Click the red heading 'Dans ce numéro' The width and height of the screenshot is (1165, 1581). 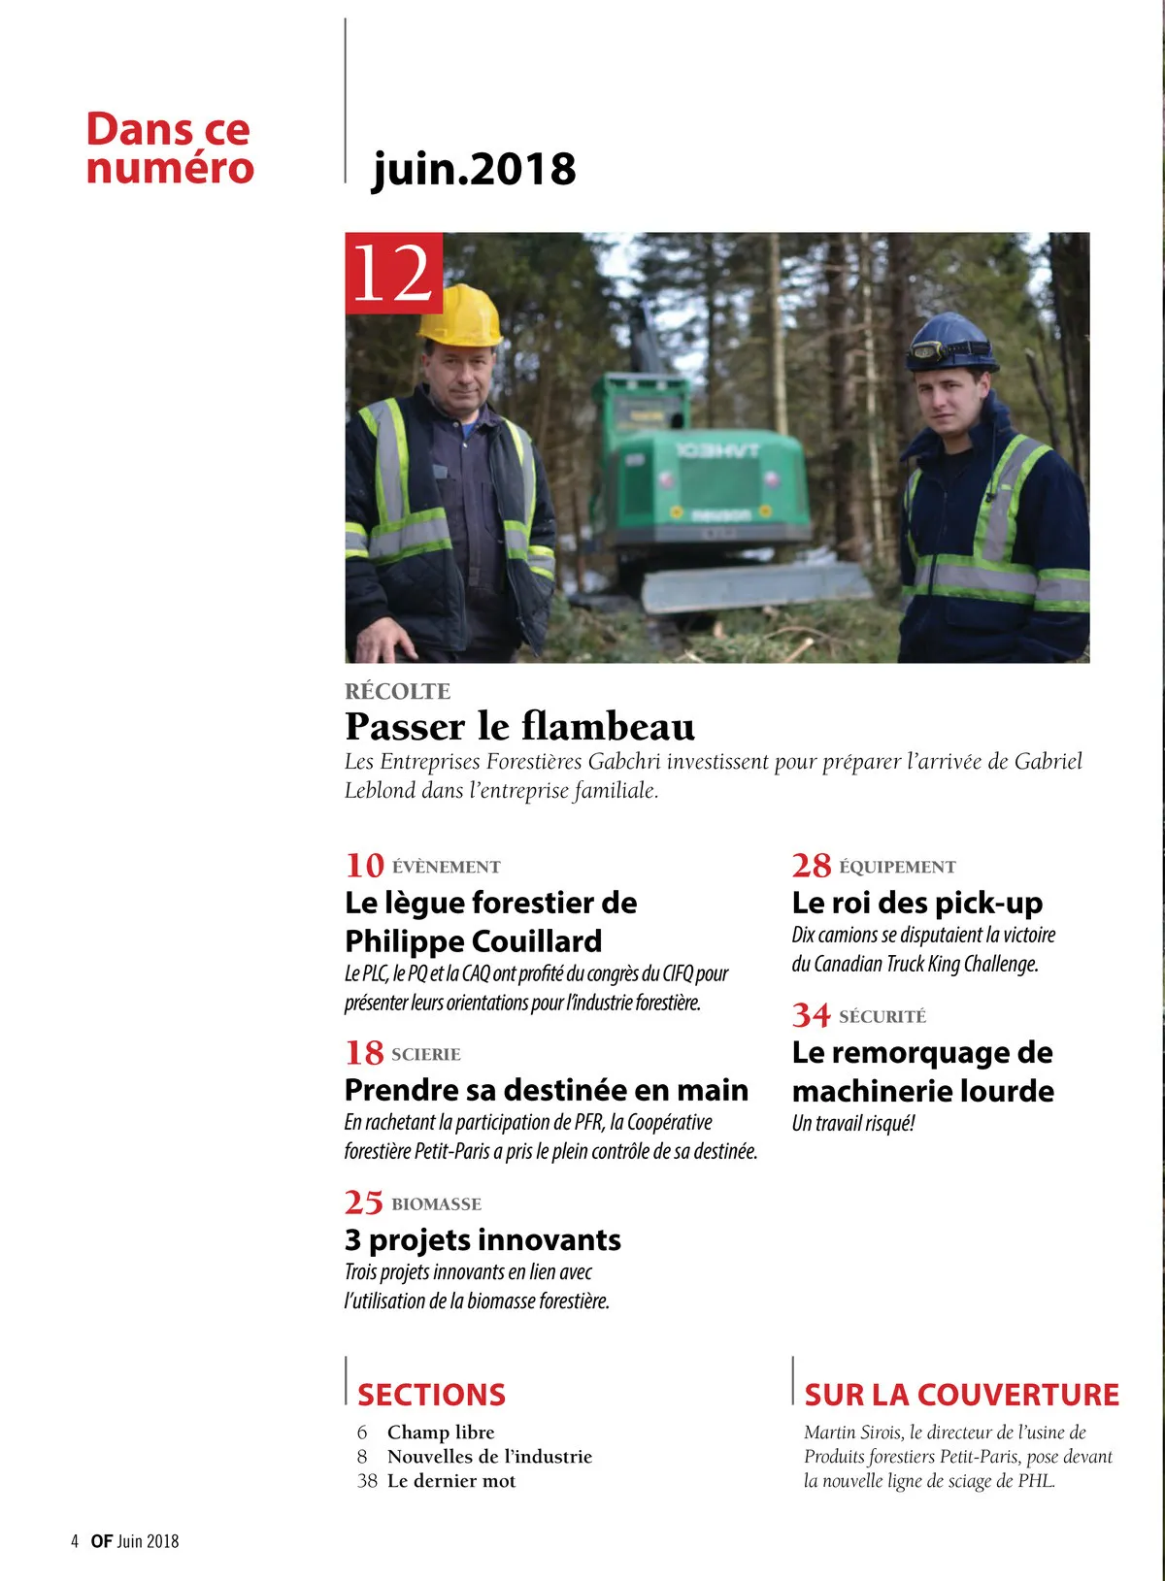(x=169, y=148)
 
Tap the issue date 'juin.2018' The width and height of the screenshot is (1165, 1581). (x=474, y=169)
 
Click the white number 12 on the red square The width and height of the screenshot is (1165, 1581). (x=392, y=274)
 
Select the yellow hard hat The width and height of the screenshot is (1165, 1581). (x=459, y=314)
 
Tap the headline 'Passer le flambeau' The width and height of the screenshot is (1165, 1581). (x=520, y=726)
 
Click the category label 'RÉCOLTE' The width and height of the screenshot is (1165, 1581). (x=398, y=691)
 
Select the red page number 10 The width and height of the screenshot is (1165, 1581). (x=364, y=864)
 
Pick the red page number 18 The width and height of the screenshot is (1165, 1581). (x=364, y=1052)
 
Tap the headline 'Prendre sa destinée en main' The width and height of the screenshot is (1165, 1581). (x=547, y=1090)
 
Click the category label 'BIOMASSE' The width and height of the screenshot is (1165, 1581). (x=436, y=1204)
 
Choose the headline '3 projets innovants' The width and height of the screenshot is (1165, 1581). (x=483, y=1239)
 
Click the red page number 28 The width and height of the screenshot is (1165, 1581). (x=811, y=864)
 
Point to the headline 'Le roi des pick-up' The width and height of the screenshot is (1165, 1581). (x=916, y=903)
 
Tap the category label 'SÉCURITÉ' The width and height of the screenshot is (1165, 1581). (x=882, y=1016)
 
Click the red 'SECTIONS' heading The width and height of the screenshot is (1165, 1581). (x=431, y=1395)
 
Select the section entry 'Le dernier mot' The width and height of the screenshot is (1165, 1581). (x=451, y=1481)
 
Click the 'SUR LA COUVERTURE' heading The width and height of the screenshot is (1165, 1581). (x=961, y=1395)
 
